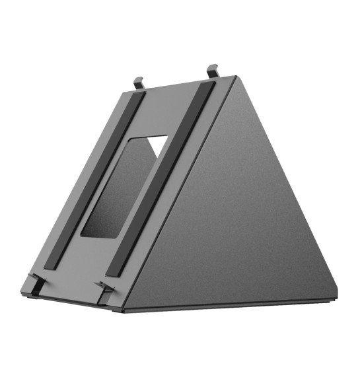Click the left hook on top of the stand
pyautogui.click(x=138, y=83)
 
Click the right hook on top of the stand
pyautogui.click(x=212, y=69)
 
